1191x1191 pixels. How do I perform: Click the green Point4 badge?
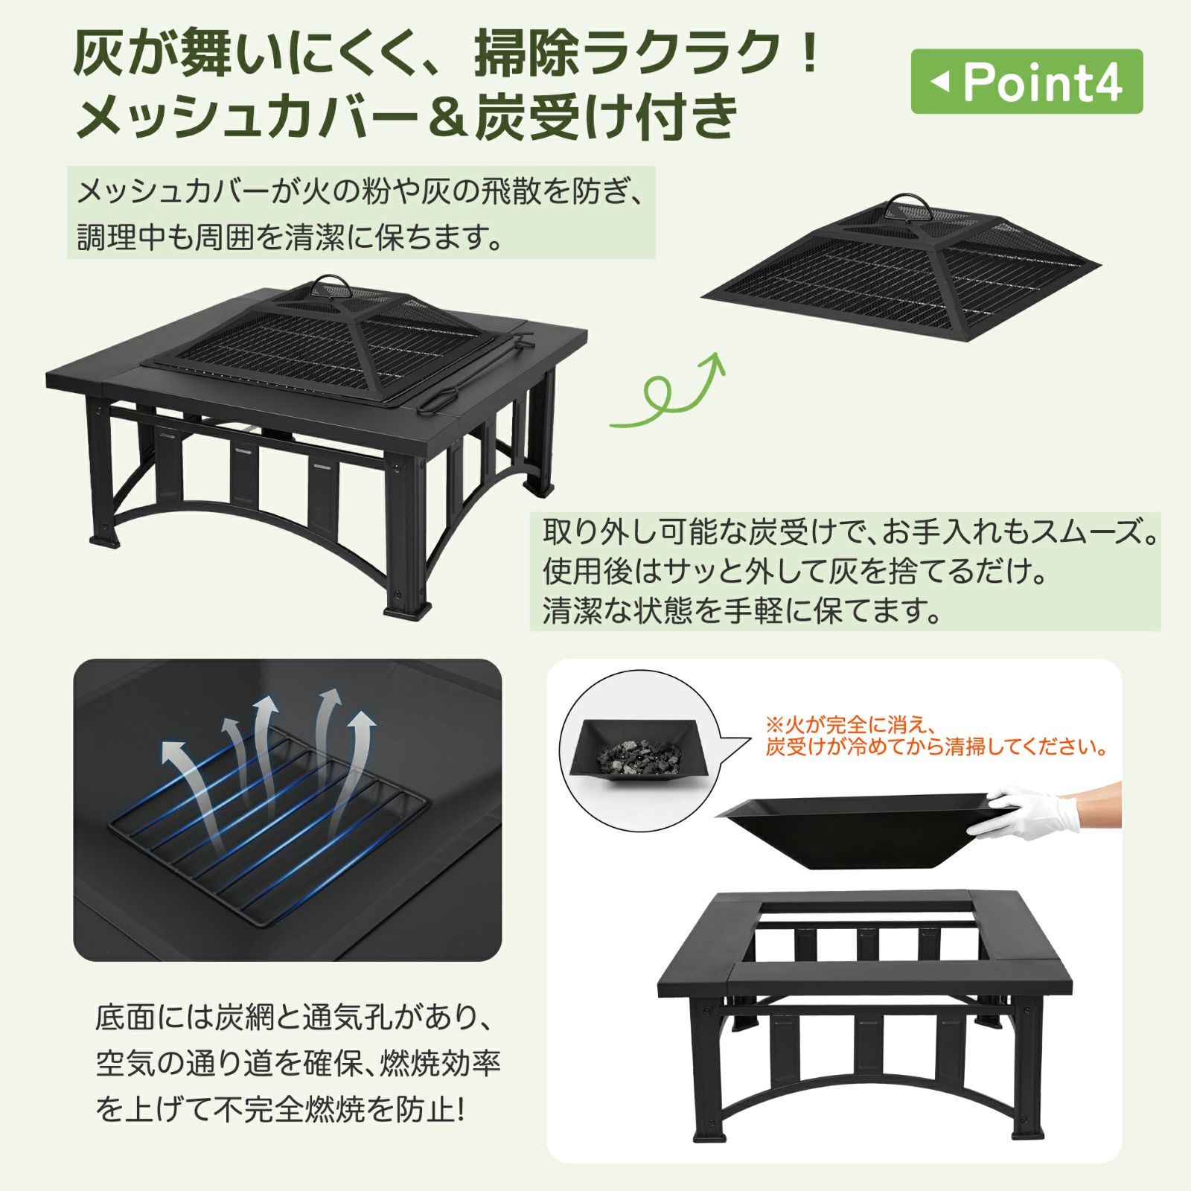[1026, 82]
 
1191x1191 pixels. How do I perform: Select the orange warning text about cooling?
[935, 735]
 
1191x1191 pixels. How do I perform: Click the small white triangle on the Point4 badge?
[941, 81]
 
